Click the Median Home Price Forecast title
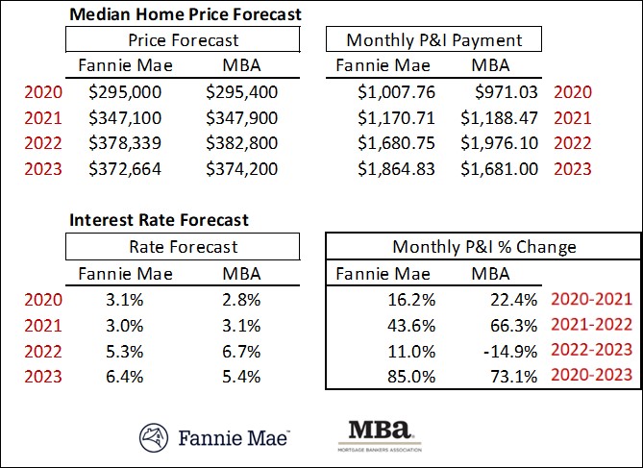click(185, 14)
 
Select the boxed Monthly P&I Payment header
click(433, 40)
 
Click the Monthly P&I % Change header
click(483, 247)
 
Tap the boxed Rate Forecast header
click(184, 247)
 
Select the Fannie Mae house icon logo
click(154, 437)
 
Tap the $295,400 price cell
click(245, 94)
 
